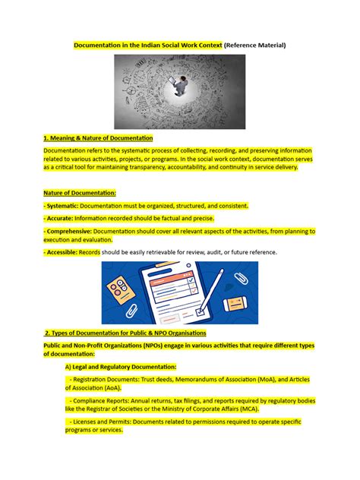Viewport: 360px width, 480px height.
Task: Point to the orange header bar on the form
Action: (x=174, y=280)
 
